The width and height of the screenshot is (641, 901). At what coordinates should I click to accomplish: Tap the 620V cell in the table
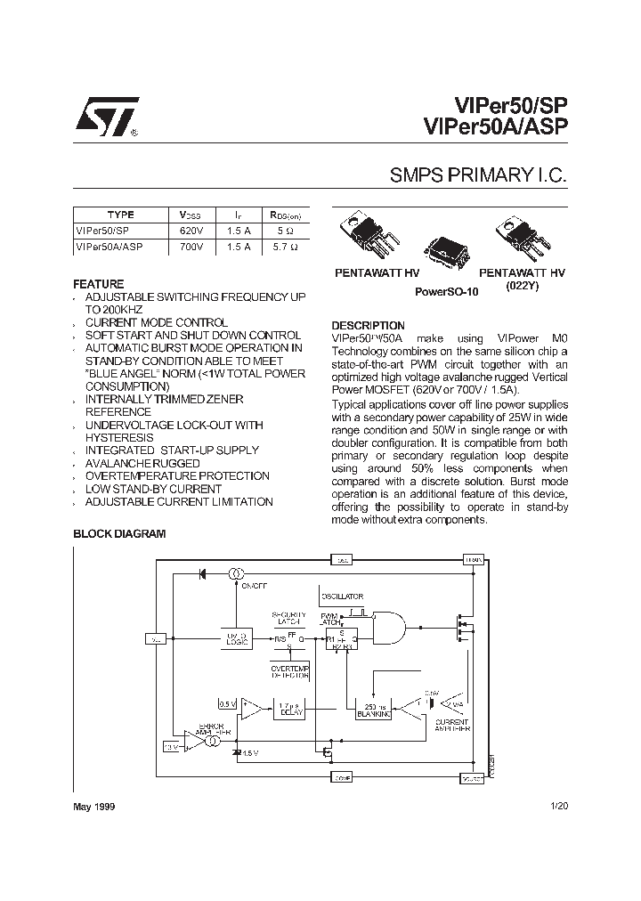(192, 230)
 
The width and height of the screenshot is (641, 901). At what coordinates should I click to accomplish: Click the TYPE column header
(120, 215)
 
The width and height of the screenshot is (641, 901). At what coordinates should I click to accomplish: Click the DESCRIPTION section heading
(368, 326)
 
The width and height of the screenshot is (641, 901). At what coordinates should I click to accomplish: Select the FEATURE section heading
(98, 284)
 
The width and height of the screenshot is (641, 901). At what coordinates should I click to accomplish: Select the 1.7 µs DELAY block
(288, 709)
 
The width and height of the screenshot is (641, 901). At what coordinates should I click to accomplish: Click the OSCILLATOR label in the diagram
(342, 596)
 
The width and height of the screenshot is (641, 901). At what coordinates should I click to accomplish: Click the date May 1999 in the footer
(93, 806)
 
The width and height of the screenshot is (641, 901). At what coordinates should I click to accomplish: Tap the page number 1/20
(558, 806)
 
